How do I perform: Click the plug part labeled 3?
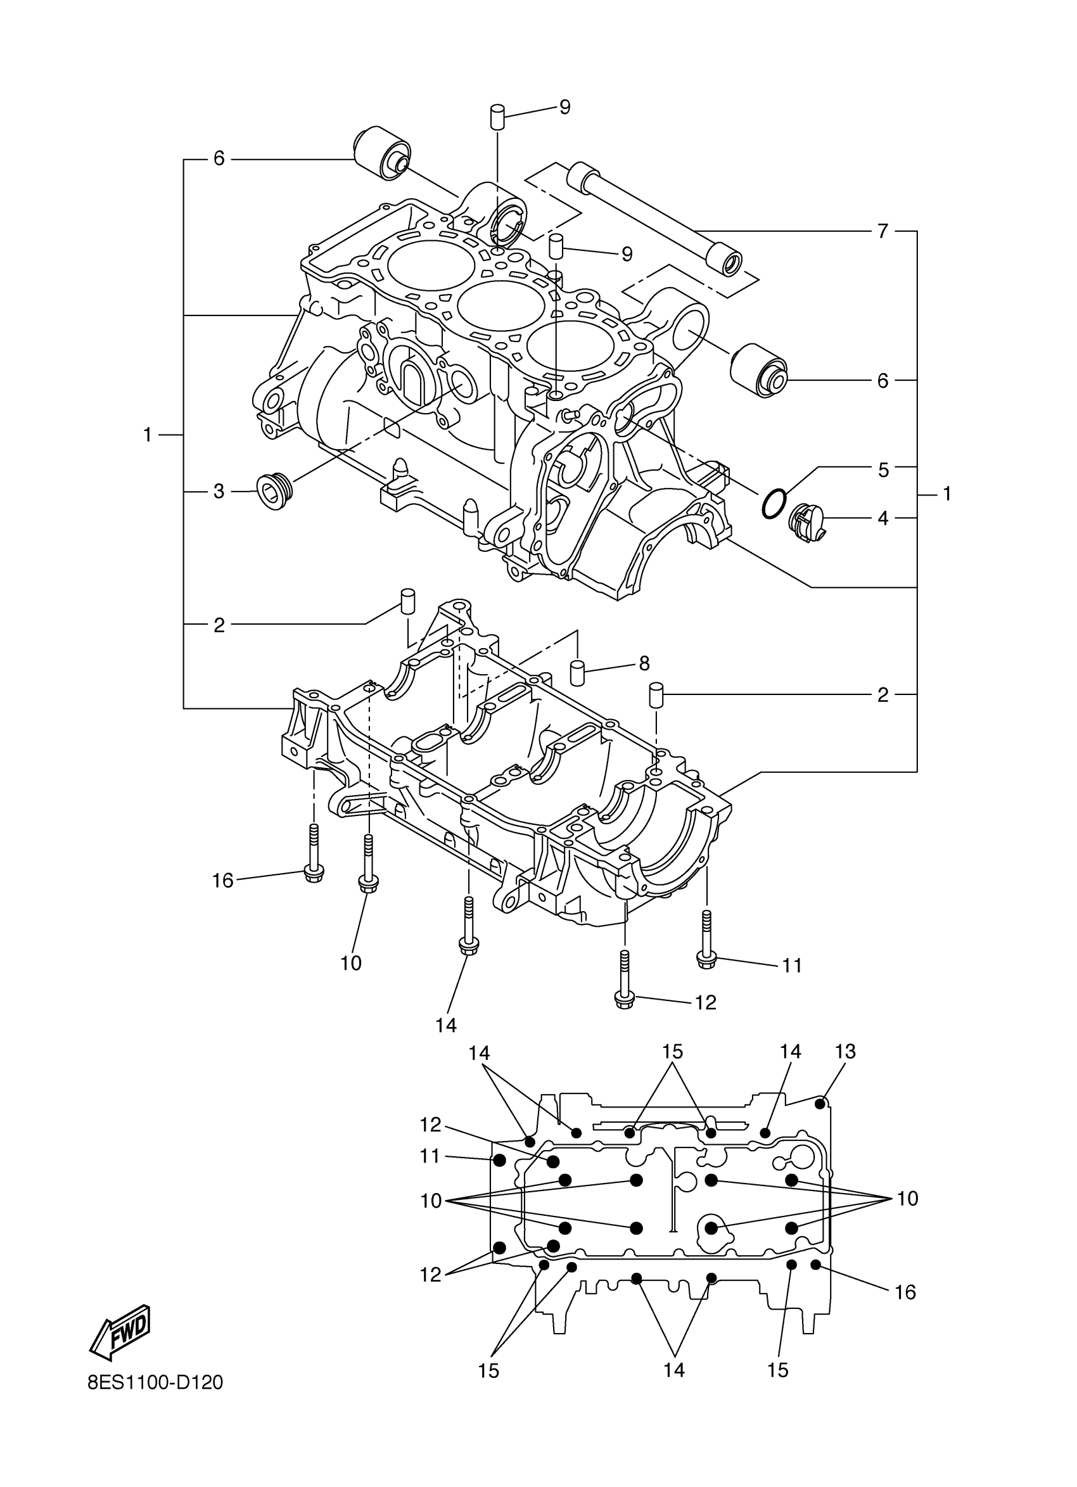274,490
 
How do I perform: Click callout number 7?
883,231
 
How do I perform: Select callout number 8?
644,663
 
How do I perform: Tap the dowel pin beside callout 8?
578,673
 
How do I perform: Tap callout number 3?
219,491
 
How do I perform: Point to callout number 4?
883,518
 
